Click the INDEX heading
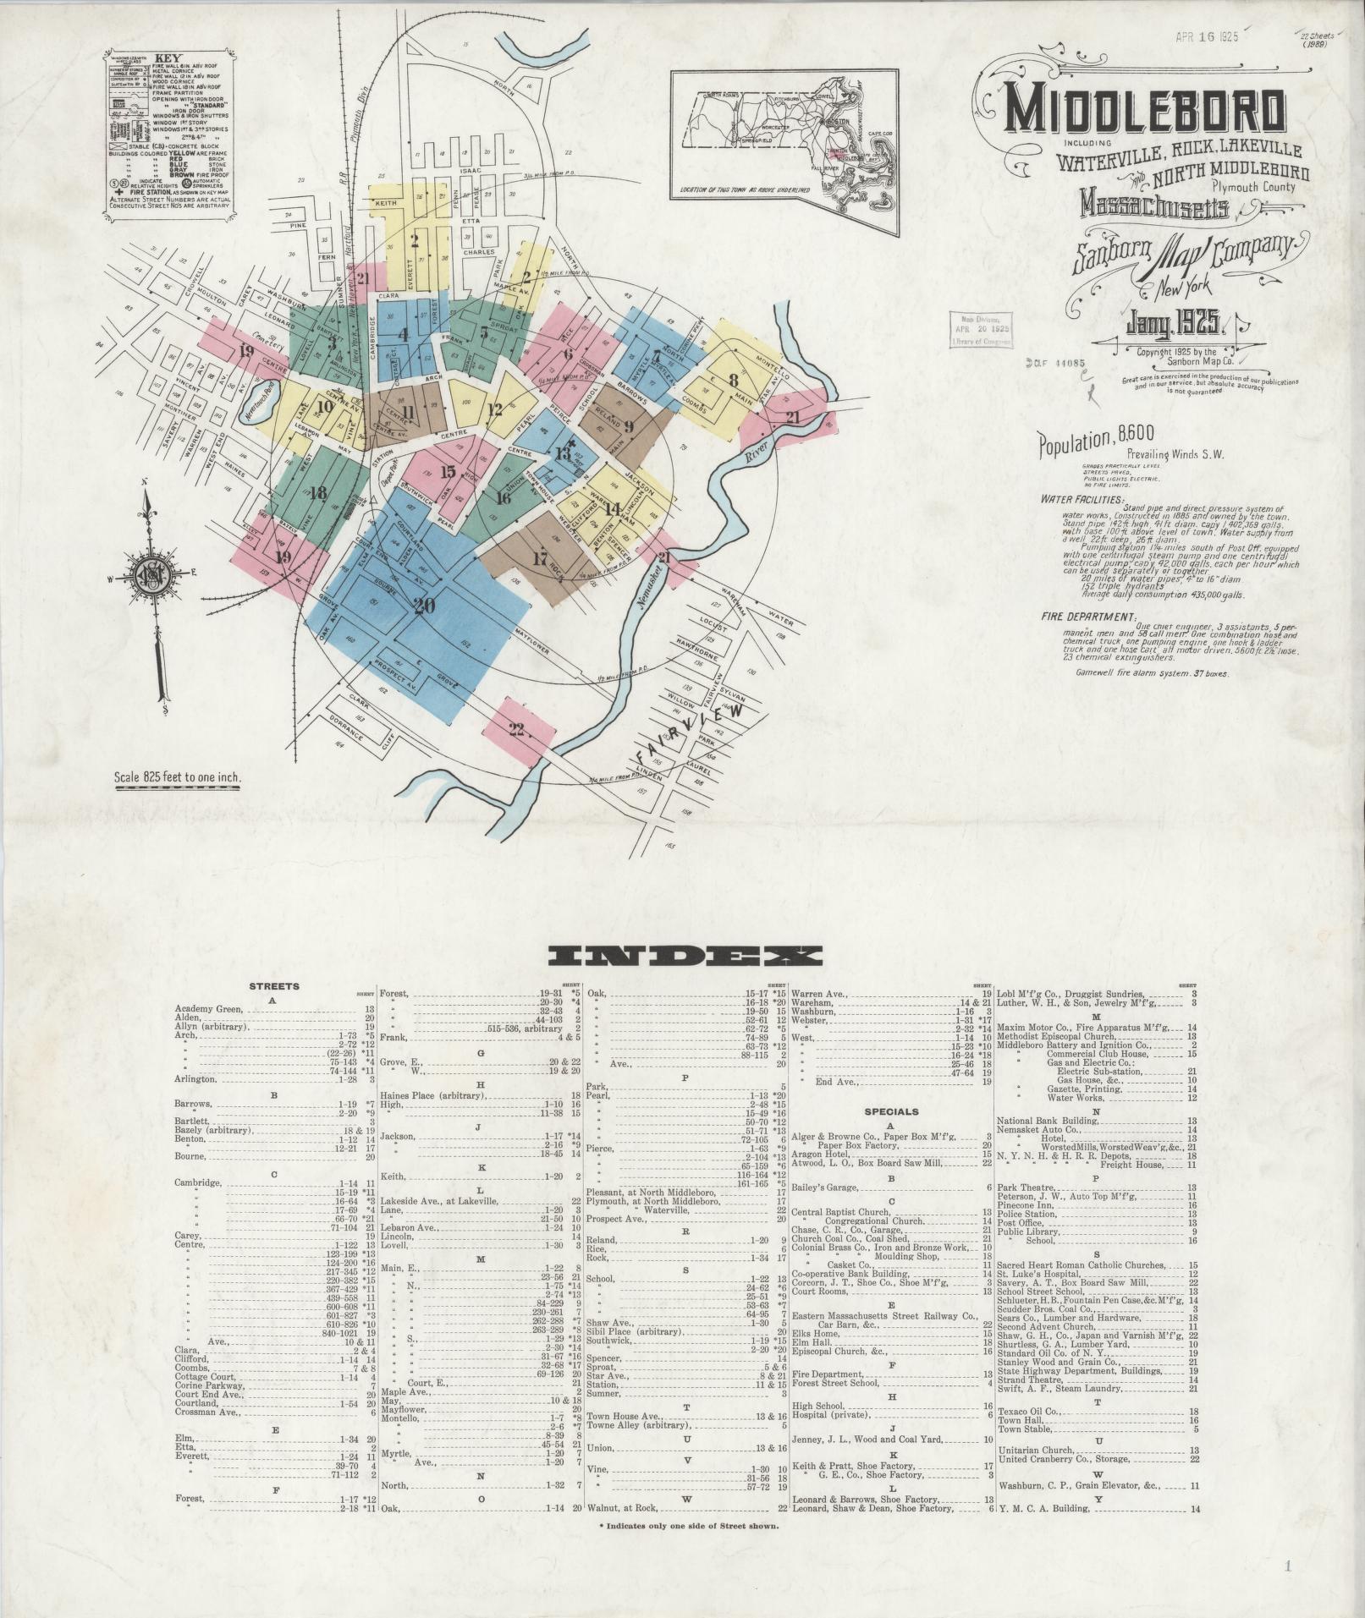click(x=685, y=957)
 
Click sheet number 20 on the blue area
click(x=424, y=606)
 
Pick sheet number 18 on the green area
click(x=318, y=494)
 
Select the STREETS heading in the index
click(x=273, y=986)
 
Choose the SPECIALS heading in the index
click(x=891, y=1111)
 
